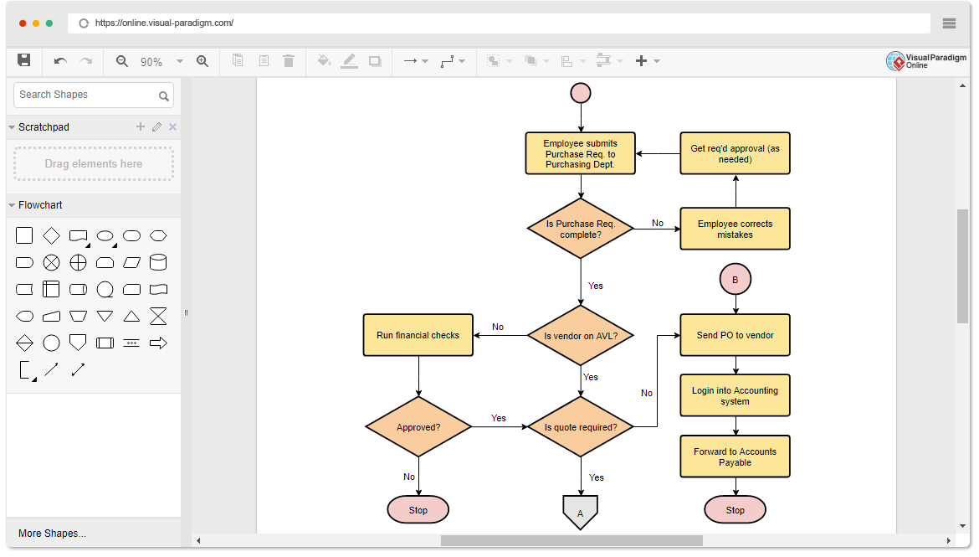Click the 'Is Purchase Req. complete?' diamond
pos(580,229)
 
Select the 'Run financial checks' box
pos(418,335)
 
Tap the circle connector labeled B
pos(735,280)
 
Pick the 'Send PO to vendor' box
pos(735,335)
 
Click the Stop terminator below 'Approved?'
pos(418,509)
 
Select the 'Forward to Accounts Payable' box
pos(735,456)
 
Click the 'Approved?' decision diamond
pos(418,427)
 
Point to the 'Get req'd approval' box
pos(735,153)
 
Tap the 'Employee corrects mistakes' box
pos(735,229)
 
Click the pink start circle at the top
pos(581,93)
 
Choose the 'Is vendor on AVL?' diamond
pos(580,335)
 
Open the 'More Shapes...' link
pos(52,533)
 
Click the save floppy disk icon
pos(24,60)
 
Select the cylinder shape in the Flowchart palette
pos(157,263)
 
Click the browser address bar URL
pos(164,23)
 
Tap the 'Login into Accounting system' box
pos(735,395)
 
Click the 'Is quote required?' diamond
pos(580,427)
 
